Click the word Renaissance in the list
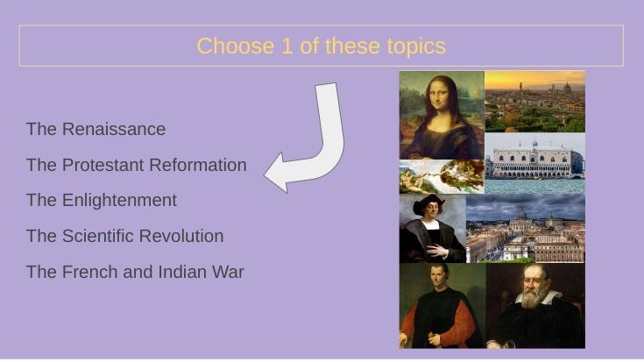114,129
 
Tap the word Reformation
198,165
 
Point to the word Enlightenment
119,201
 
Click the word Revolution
181,236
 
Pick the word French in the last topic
90,272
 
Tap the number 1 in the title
287,46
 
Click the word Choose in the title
236,46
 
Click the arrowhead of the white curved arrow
276,174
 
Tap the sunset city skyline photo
534,102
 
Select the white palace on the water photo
534,163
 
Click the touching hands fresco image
442,177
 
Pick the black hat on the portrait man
428,203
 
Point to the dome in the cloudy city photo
521,213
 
